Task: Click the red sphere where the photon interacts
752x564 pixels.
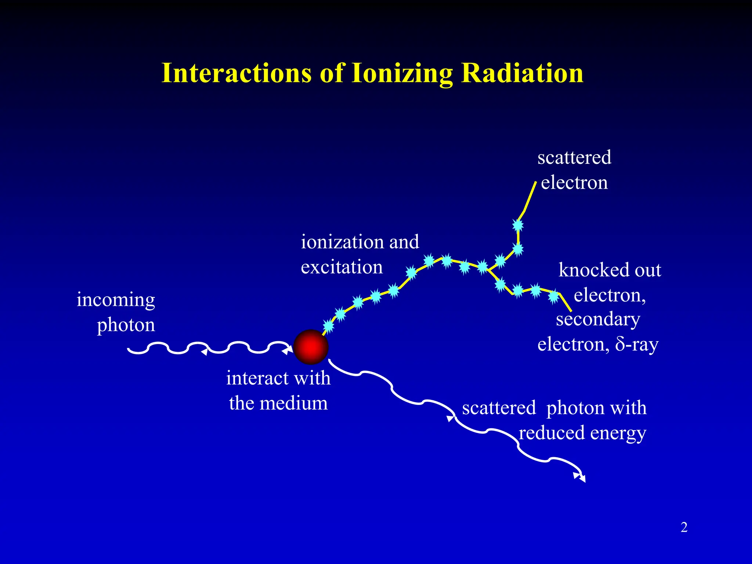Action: tap(311, 347)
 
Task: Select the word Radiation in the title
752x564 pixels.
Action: tap(522, 73)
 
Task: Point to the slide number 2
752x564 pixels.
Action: tap(684, 527)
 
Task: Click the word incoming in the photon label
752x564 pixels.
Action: tap(116, 300)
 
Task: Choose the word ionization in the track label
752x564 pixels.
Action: tap(341, 242)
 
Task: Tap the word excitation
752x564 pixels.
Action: tap(341, 267)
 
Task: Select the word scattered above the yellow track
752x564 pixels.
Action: tap(574, 158)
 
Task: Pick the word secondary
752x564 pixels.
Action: tap(598, 319)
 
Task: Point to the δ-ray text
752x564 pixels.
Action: tap(637, 345)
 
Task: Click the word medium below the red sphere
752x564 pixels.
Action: tap(294, 403)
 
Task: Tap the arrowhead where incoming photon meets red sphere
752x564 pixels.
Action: tap(287, 351)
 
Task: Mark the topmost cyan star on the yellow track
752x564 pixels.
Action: tap(518, 225)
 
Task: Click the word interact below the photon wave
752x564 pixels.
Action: tap(257, 378)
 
